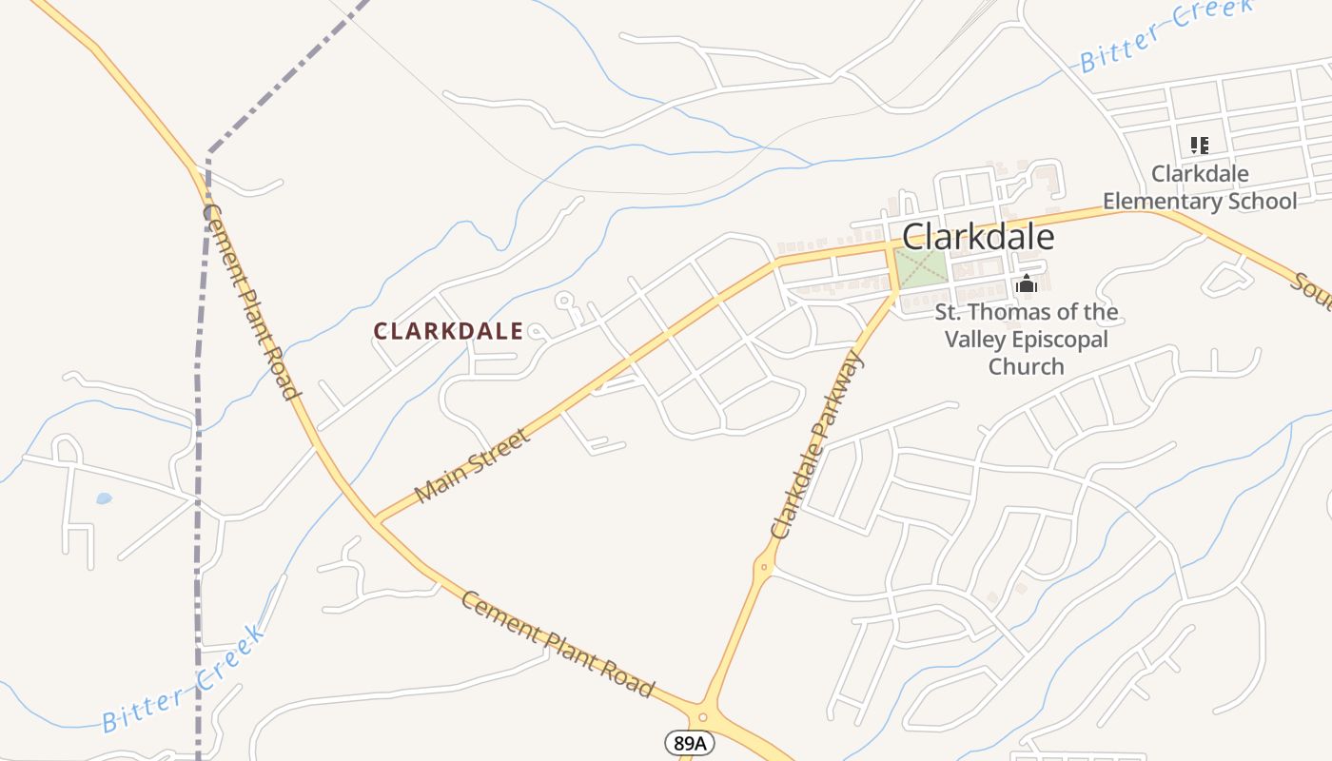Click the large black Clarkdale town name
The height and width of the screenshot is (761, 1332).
coord(977,237)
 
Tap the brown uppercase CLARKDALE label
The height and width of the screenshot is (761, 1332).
coord(448,331)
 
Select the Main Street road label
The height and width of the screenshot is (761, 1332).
coord(472,466)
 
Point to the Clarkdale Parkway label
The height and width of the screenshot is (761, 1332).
coord(816,445)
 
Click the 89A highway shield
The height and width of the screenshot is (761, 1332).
coord(688,743)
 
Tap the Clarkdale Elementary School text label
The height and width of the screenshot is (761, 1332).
coord(1200,187)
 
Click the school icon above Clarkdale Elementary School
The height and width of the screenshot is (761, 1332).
coord(1200,146)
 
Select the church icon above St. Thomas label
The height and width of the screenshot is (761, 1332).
coord(1027,283)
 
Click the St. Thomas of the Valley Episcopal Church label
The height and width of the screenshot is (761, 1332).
coord(1027,339)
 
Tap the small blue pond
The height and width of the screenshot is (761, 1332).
coord(104,498)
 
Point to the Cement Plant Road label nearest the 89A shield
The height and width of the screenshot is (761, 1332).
coord(558,643)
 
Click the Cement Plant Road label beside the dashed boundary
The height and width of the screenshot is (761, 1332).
coord(251,302)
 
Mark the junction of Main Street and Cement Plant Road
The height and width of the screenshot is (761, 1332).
coord(377,520)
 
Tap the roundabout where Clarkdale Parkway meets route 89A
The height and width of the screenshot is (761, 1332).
coord(703,717)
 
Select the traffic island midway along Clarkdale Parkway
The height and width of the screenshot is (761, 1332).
coord(763,567)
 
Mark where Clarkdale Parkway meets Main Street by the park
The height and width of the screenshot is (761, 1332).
coord(891,246)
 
